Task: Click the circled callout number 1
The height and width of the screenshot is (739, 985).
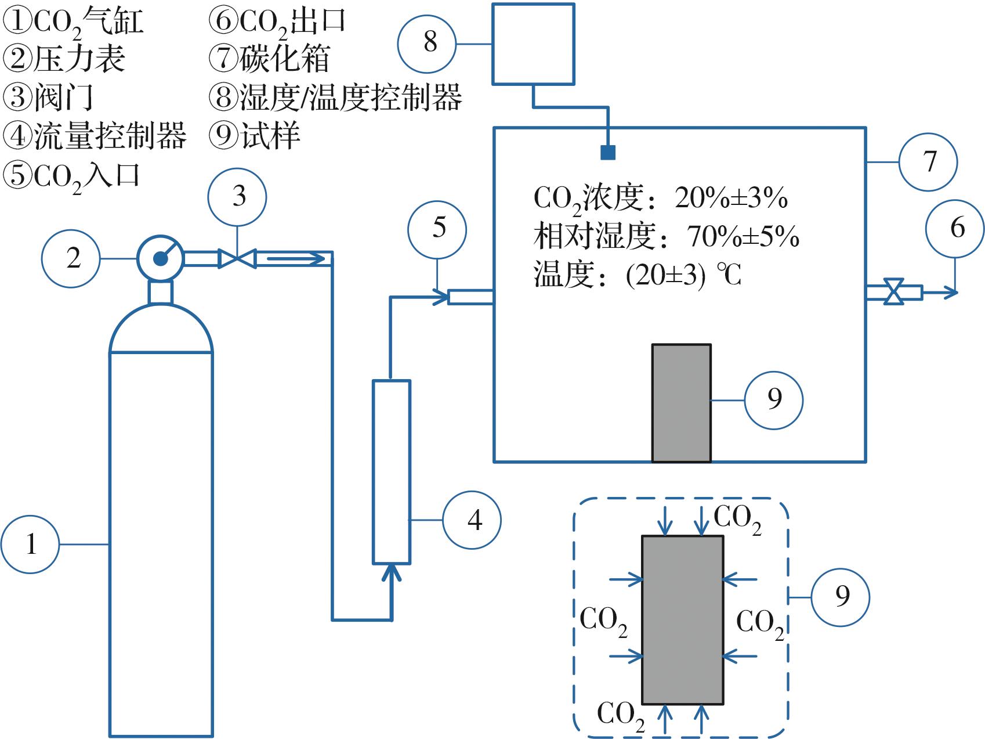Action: click(30, 545)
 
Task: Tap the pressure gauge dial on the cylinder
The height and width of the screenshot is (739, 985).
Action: click(160, 258)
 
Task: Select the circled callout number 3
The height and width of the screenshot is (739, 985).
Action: click(237, 196)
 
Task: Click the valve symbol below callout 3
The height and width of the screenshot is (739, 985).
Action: click(237, 258)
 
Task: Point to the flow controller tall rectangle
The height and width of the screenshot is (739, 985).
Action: click(392, 471)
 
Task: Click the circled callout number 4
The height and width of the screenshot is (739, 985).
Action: click(472, 520)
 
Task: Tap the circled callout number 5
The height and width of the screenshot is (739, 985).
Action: click(437, 229)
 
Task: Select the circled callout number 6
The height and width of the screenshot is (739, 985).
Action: click(955, 228)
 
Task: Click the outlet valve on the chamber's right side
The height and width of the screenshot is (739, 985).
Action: click(895, 291)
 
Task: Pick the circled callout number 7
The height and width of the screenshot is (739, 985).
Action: click(928, 162)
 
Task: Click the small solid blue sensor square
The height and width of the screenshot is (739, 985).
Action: click(608, 152)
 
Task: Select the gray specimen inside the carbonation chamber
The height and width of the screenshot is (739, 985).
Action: click(682, 403)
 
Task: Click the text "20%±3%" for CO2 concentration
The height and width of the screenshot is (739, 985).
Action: click(731, 199)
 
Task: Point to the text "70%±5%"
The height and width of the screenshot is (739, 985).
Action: click(743, 236)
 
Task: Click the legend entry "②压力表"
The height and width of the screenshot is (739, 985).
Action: click(65, 59)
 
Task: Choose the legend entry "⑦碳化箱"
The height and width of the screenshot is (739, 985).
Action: click(269, 59)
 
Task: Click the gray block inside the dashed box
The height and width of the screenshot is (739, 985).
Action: click(682, 620)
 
